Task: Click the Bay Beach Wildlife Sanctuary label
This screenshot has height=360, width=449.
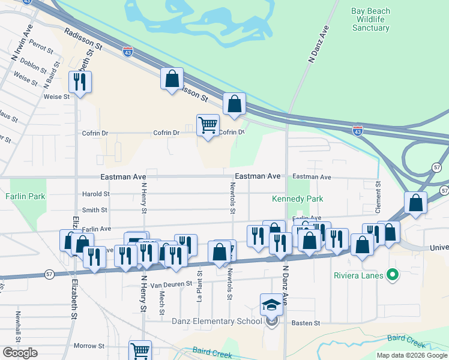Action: tap(370, 19)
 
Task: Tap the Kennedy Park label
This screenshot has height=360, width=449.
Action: tap(298, 199)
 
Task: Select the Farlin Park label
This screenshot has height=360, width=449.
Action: tap(22, 196)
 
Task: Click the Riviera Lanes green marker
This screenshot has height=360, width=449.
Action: tap(393, 276)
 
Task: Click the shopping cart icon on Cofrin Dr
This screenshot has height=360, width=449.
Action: tap(208, 125)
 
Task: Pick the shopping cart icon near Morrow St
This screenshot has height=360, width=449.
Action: tap(140, 350)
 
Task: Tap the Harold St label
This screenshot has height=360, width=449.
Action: tap(96, 194)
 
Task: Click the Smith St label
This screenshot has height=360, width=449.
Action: tap(95, 210)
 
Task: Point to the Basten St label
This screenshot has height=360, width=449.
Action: tap(306, 323)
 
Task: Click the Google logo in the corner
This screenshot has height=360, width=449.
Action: tap(20, 353)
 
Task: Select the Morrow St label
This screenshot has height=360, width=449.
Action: tap(89, 346)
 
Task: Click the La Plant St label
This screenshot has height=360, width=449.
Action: tap(200, 284)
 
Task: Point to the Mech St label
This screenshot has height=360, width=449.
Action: tap(162, 298)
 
